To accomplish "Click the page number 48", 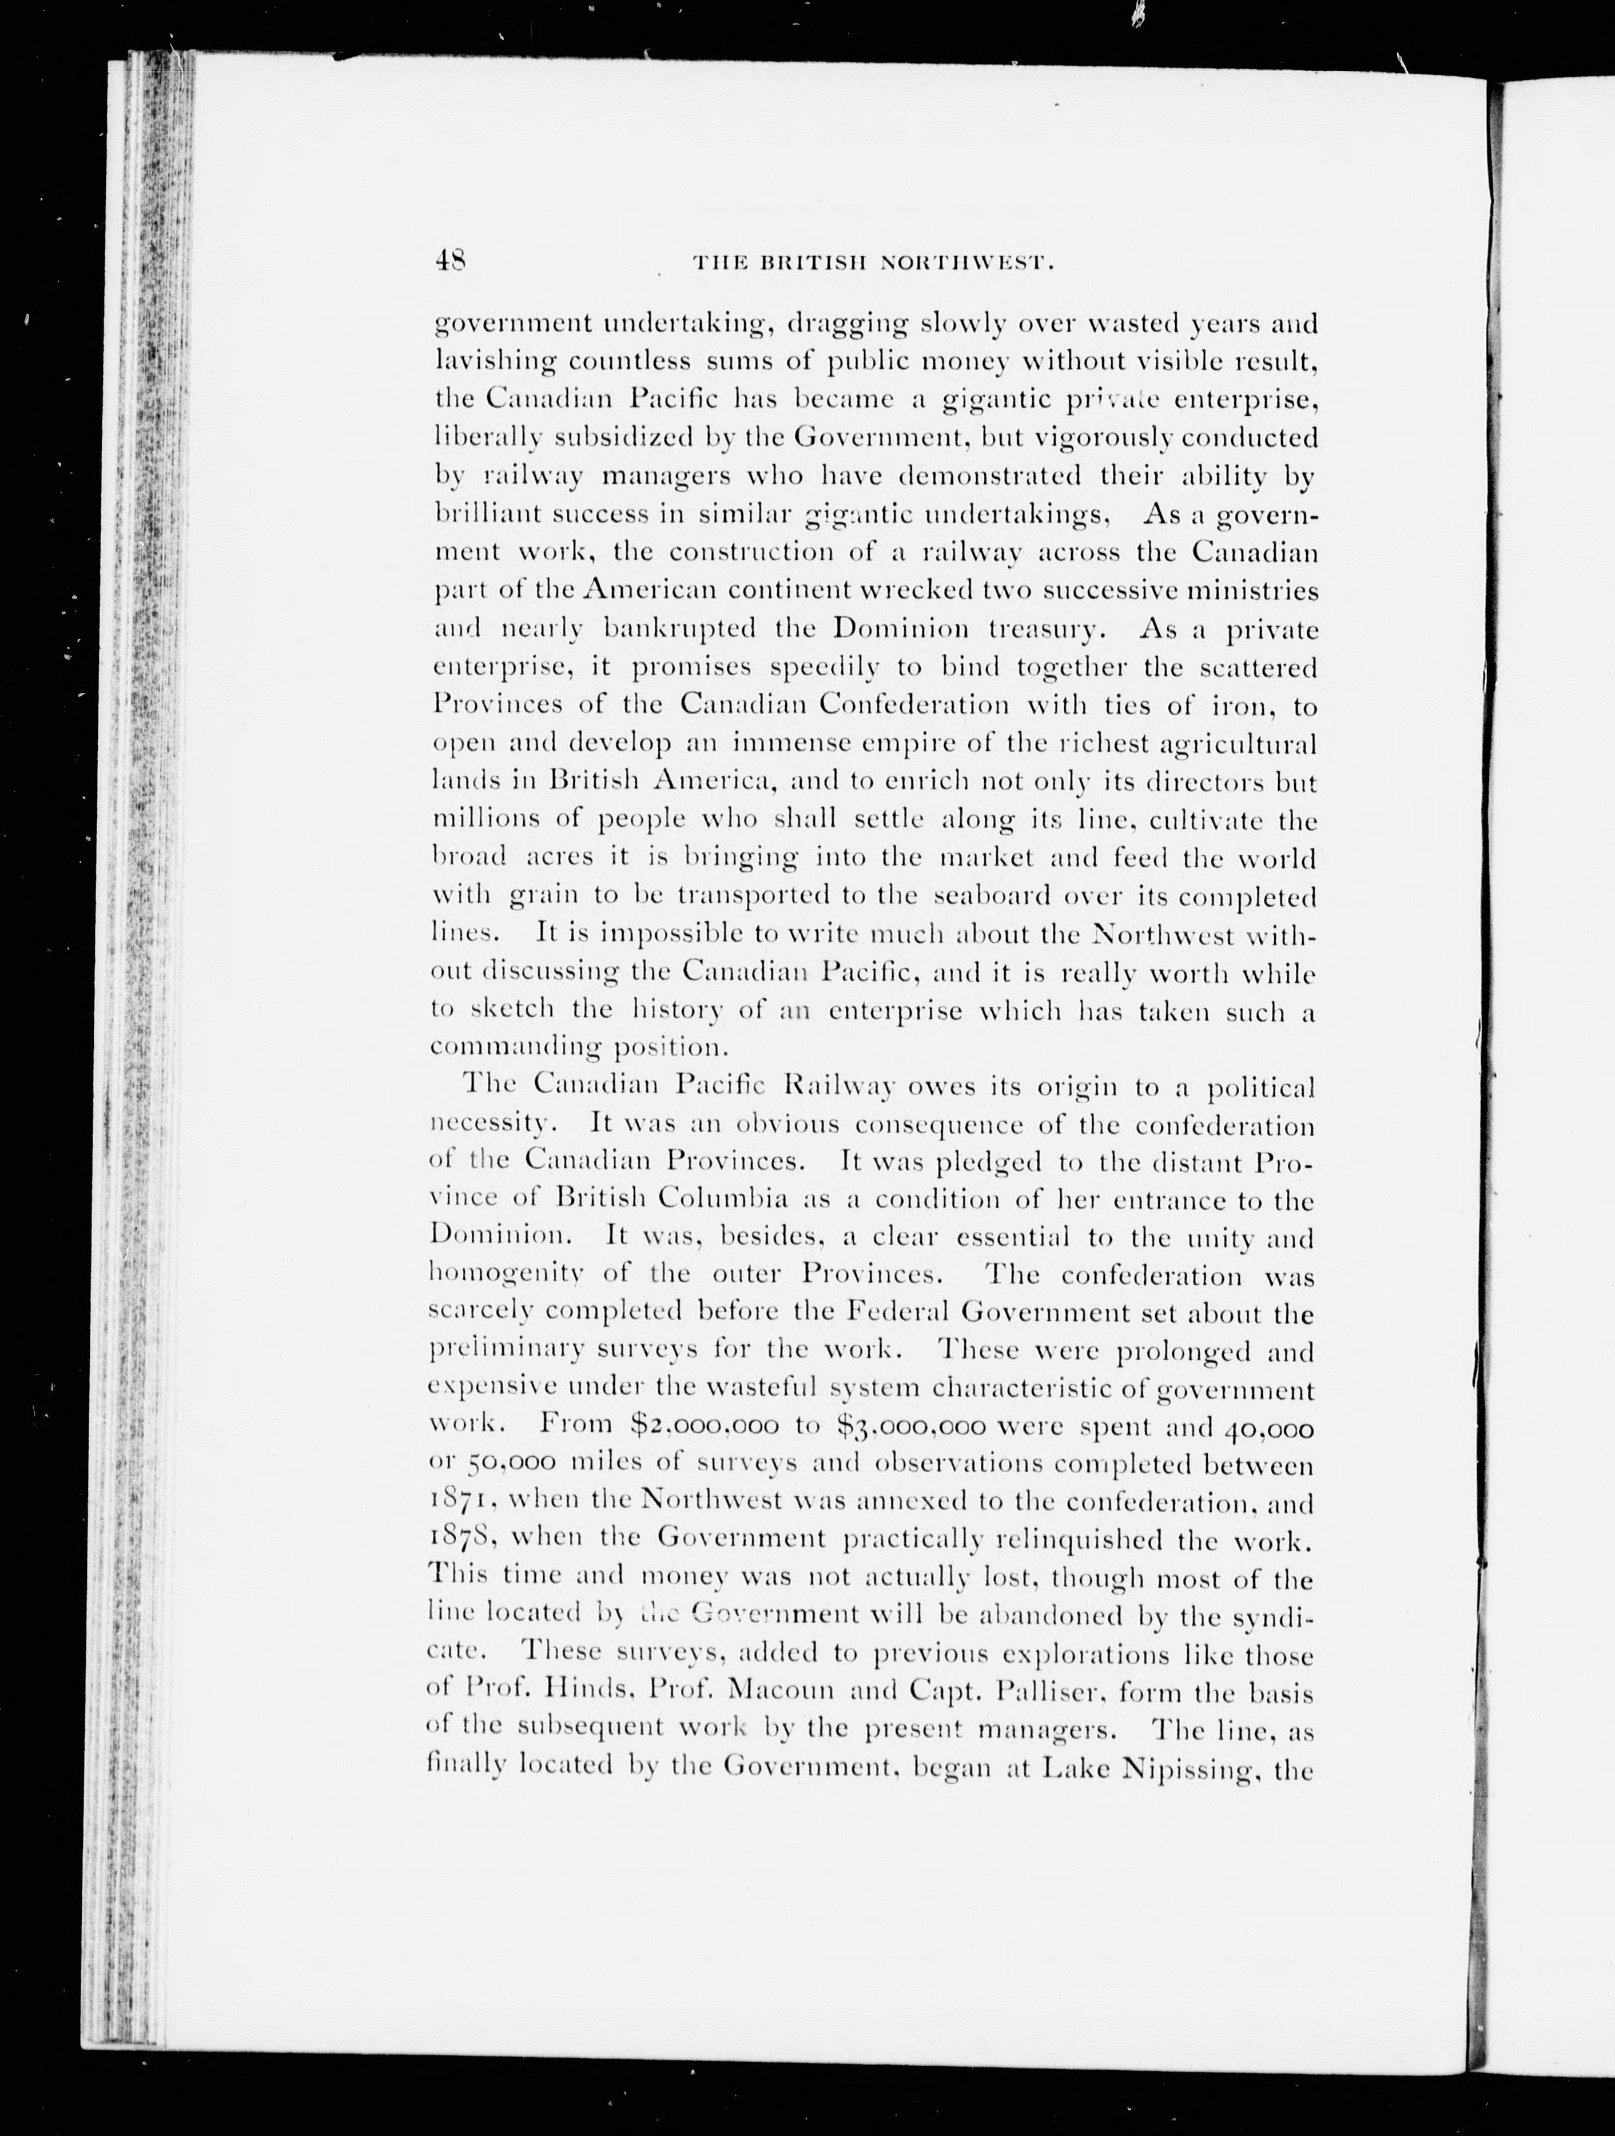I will pyautogui.click(x=450, y=261).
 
